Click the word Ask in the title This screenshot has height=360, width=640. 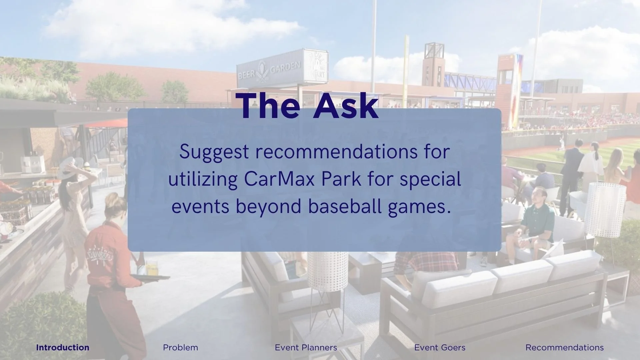pyautogui.click(x=346, y=106)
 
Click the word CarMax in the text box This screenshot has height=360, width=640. pyautogui.click(x=279, y=179)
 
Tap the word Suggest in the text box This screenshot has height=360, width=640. pyautogui.click(x=214, y=152)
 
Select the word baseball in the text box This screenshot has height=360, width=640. pyautogui.click(x=345, y=207)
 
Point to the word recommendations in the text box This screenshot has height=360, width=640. pyautogui.click(x=336, y=152)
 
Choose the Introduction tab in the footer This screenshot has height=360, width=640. pyautogui.click(x=63, y=348)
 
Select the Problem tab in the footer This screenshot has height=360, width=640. pyautogui.click(x=180, y=348)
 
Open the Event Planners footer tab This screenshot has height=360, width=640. pyautogui.click(x=306, y=348)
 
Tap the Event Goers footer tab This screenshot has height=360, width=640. pyautogui.click(x=440, y=348)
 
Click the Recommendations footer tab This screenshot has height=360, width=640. pyautogui.click(x=564, y=348)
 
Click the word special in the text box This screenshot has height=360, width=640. pyautogui.click(x=430, y=179)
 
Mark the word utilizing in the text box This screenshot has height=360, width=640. pyautogui.click(x=203, y=179)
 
